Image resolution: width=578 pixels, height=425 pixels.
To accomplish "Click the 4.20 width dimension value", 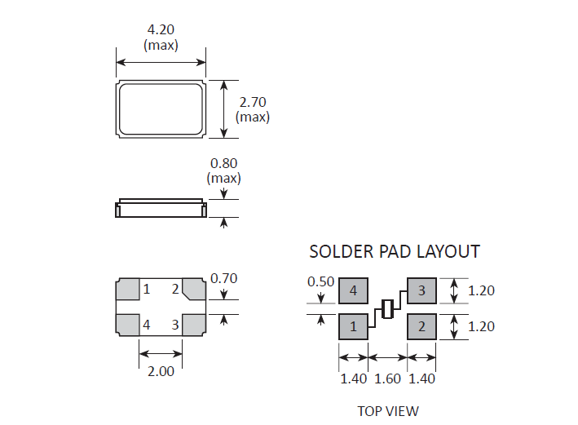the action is click(x=161, y=29).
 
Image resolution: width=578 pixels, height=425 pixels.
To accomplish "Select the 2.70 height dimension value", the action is click(x=253, y=102).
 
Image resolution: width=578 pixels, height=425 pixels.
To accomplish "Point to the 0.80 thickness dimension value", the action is click(x=223, y=163).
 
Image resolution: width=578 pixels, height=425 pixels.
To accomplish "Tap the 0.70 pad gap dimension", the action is click(x=223, y=278).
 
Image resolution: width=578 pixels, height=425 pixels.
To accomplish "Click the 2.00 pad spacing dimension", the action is click(x=161, y=371).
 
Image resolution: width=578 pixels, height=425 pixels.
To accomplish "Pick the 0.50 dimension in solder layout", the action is click(x=320, y=281).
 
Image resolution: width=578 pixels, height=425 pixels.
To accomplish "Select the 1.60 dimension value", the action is click(x=387, y=379).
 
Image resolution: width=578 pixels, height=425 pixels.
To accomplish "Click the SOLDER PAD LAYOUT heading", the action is click(x=395, y=251).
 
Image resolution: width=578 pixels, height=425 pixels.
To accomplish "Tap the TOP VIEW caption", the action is click(x=388, y=411).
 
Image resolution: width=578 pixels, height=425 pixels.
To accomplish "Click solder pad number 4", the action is click(x=353, y=290).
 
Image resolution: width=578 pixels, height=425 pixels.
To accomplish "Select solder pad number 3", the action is click(x=421, y=290).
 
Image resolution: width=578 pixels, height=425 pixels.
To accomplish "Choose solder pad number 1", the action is click(x=353, y=326).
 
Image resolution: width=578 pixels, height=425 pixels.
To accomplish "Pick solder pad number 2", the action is click(x=421, y=326).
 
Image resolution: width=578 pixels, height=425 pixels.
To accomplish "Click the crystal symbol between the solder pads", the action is click(x=387, y=309).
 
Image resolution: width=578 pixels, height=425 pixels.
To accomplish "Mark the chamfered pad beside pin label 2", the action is click(x=194, y=289).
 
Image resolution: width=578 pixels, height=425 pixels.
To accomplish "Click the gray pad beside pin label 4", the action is click(x=127, y=325).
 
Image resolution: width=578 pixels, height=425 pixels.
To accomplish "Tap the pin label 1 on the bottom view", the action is click(x=147, y=289).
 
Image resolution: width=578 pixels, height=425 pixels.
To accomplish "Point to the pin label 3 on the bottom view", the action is click(x=175, y=325).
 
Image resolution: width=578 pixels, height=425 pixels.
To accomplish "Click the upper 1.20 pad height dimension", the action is click(x=481, y=290).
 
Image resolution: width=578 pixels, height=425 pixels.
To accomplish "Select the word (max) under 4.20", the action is click(x=161, y=46).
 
